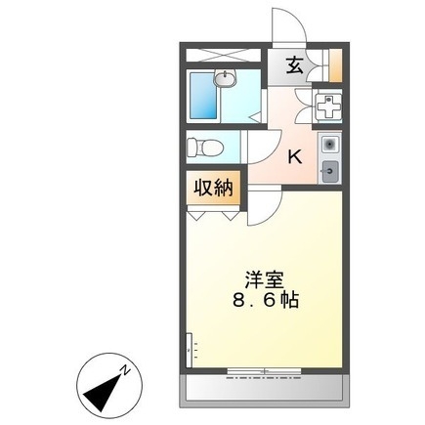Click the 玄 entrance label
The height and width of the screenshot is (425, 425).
click(x=293, y=66)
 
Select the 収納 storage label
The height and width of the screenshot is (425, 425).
click(x=212, y=186)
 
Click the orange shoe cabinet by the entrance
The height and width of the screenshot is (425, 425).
click(x=335, y=65)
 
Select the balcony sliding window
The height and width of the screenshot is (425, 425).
click(x=259, y=371)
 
